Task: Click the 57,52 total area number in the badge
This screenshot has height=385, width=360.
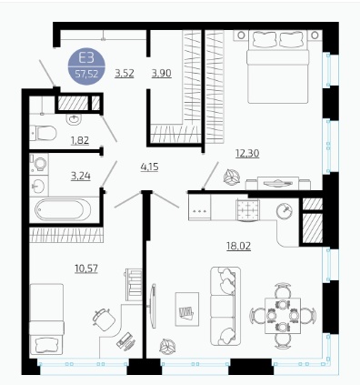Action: click(x=86, y=74)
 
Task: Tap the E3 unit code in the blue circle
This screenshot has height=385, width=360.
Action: click(x=86, y=57)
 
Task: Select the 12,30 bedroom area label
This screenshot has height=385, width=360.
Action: click(x=247, y=154)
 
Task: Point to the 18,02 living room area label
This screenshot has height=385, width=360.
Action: click(x=239, y=246)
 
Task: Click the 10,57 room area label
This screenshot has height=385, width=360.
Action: click(x=86, y=268)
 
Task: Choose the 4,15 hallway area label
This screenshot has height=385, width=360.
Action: click(x=150, y=167)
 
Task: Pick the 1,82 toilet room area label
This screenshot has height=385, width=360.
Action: click(x=80, y=141)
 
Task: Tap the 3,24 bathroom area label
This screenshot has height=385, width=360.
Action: click(x=81, y=176)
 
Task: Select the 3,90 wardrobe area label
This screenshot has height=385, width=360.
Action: click(x=162, y=73)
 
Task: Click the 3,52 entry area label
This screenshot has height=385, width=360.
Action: click(x=125, y=73)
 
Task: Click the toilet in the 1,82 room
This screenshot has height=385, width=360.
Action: click(x=44, y=133)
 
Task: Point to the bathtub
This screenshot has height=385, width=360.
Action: click(x=63, y=209)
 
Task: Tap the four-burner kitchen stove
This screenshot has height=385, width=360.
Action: click(x=247, y=209)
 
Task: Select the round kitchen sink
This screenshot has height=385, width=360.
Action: click(x=285, y=210)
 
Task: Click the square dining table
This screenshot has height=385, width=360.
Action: click(x=283, y=316)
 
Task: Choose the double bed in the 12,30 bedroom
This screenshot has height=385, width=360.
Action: click(x=278, y=66)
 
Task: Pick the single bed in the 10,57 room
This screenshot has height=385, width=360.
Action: click(x=46, y=319)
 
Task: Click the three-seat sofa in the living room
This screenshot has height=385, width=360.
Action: click(x=225, y=306)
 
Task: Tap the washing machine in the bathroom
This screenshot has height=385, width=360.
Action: click(x=39, y=164)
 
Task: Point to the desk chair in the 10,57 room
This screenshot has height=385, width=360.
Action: click(x=104, y=319)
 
